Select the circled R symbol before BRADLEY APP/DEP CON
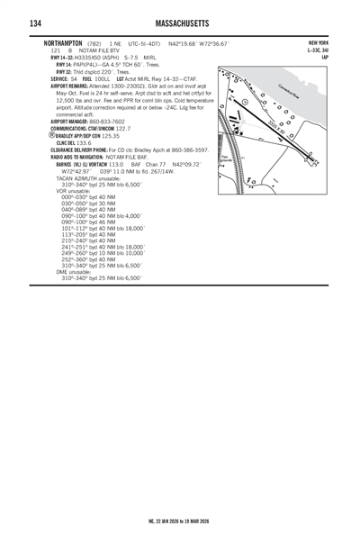(x=52, y=135)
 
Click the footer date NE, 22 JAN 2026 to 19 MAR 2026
(x=180, y=521)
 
